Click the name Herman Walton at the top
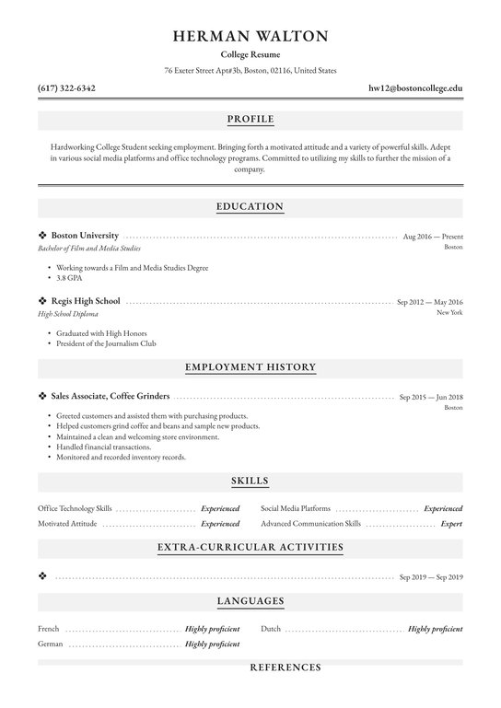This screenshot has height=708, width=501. tap(250, 37)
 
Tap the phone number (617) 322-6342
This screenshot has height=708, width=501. tap(66, 88)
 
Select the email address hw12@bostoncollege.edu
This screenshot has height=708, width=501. tap(415, 88)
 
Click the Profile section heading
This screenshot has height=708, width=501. tap(250, 120)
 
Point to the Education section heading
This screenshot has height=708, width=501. tap(250, 206)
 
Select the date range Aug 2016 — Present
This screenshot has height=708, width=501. tap(433, 238)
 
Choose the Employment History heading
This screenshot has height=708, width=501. tap(250, 367)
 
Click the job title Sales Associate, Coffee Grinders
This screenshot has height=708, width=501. tap(111, 396)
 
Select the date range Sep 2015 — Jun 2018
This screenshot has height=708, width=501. tap(431, 397)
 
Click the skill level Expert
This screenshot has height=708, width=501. tap(451, 523)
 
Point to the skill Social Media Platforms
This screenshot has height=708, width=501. tap(296, 508)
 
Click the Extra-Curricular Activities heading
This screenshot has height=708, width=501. tap(250, 548)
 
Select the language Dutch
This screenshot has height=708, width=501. tap(271, 629)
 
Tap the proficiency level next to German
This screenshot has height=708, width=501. tap(212, 644)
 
